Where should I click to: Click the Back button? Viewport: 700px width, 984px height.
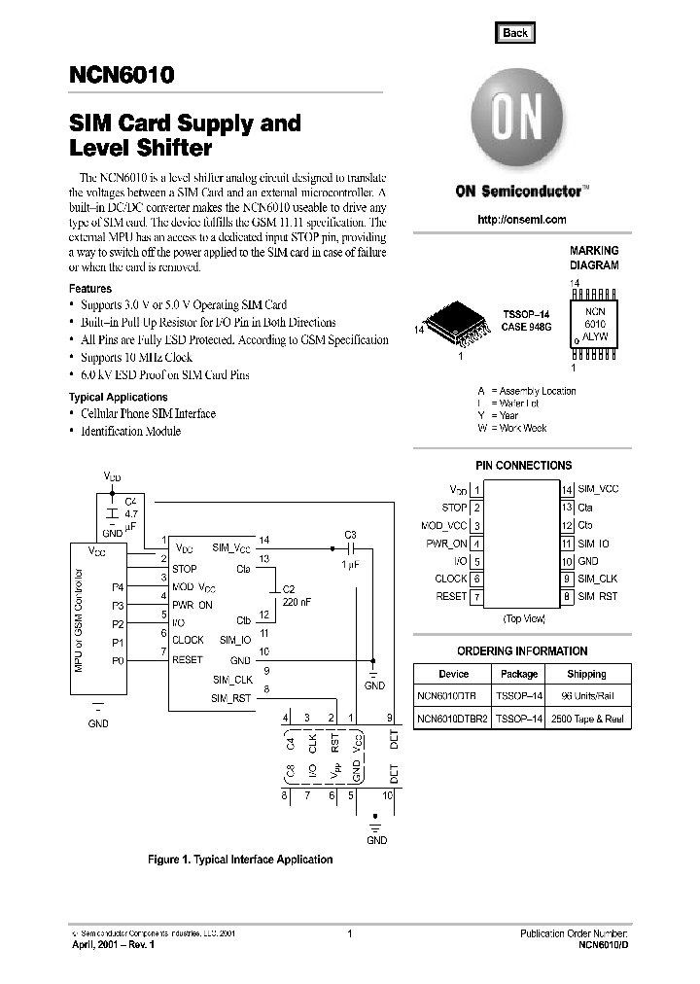click(514, 33)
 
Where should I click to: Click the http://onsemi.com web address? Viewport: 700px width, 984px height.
click(522, 220)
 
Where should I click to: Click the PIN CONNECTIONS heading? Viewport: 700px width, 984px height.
click(523, 466)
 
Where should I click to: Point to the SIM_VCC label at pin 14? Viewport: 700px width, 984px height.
click(598, 489)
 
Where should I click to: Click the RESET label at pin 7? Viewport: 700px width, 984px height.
click(451, 596)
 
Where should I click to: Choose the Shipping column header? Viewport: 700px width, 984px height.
click(586, 674)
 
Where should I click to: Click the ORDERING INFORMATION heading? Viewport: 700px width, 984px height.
click(522, 651)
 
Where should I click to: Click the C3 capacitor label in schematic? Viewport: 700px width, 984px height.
click(351, 535)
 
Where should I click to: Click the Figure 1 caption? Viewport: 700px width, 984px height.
click(239, 860)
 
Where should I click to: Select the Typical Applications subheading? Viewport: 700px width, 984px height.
click(118, 397)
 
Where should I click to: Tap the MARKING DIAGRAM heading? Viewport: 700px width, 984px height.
click(594, 258)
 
